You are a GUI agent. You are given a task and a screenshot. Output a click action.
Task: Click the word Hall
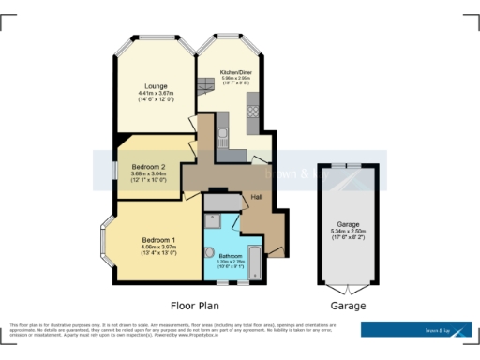(256, 197)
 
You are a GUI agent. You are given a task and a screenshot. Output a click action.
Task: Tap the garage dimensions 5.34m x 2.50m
(349, 232)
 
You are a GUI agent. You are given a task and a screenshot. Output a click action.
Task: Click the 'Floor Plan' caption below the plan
(196, 306)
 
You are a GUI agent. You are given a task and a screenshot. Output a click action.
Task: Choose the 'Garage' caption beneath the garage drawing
(348, 306)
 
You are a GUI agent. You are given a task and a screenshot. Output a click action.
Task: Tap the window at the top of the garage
(349, 166)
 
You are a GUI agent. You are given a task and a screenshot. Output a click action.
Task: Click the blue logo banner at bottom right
(416, 329)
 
